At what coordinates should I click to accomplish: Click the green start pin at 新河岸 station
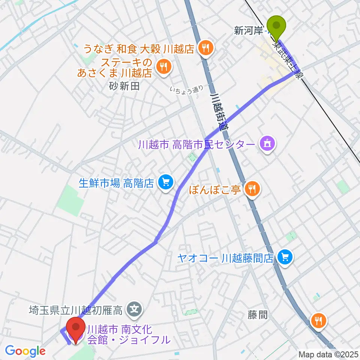[277, 26]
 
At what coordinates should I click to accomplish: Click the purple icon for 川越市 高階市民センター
[267, 144]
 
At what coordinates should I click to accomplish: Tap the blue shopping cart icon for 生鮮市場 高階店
[165, 183]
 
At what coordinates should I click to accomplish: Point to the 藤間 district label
[258, 314]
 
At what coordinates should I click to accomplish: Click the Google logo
[25, 351]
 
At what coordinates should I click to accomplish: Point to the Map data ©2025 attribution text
[328, 354]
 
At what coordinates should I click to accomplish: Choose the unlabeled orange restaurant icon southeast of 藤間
[318, 320]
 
